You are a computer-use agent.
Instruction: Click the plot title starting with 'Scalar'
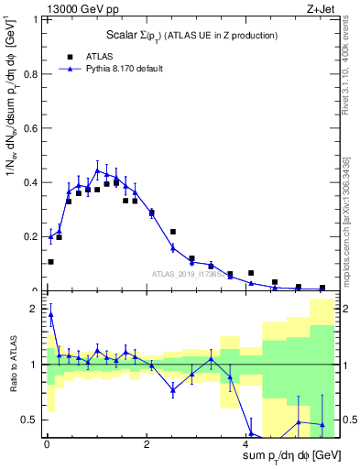187,35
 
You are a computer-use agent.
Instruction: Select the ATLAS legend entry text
101,55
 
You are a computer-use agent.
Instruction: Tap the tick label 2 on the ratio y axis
38,309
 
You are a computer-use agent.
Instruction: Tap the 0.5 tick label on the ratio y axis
33,420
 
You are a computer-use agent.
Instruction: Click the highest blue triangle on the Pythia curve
98,170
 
